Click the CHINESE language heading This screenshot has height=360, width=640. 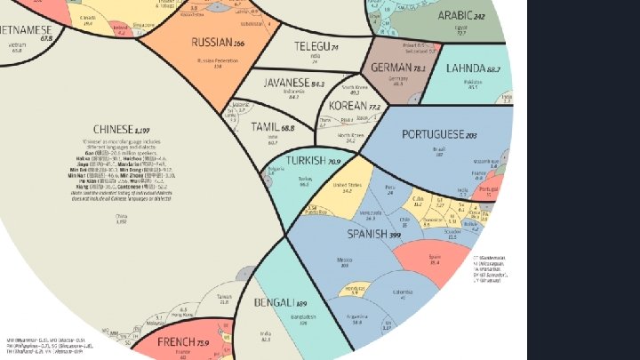pyautogui.click(x=119, y=128)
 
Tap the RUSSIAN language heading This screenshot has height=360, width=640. pyautogui.click(x=217, y=42)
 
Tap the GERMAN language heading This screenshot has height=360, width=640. pyautogui.click(x=397, y=68)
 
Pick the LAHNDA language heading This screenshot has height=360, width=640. pyautogui.click(x=474, y=68)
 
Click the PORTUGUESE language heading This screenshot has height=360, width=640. pyautogui.click(x=439, y=134)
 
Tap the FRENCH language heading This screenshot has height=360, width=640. pyautogui.click(x=182, y=342)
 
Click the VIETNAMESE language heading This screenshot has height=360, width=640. pyautogui.click(x=27, y=29)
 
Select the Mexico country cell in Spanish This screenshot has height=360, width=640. pyautogui.click(x=344, y=263)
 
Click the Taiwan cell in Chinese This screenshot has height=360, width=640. pyautogui.click(x=223, y=300)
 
